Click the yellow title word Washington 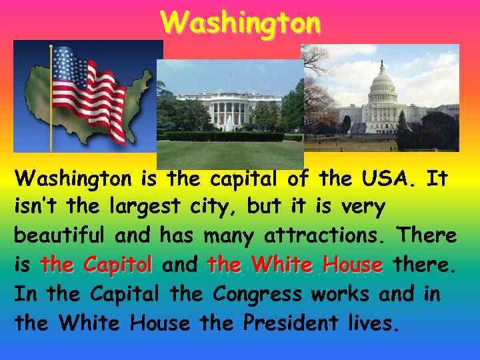[x=240, y=22]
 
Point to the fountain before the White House [x=229, y=123]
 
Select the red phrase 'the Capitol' [x=96, y=265]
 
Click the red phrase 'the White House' [x=295, y=265]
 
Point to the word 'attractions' [x=327, y=236]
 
